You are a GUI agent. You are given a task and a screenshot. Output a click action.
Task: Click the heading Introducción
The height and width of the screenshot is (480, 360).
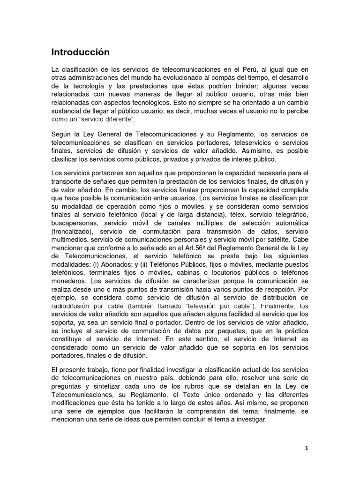[x=80, y=52]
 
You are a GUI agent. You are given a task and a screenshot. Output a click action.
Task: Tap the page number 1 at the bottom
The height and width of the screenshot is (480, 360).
[x=306, y=448]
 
